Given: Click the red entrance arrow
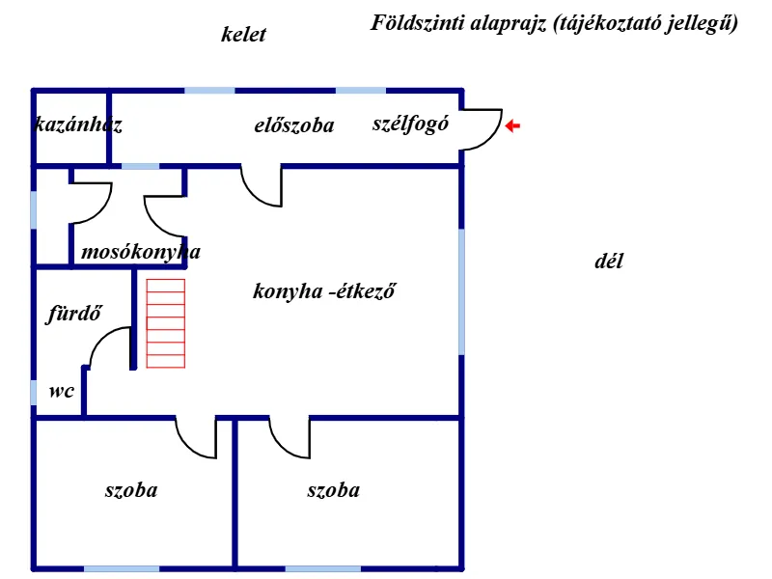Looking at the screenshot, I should (x=513, y=125).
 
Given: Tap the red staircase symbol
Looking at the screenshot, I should (x=165, y=323).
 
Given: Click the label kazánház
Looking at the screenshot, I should (x=78, y=124).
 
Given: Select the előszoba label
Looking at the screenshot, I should (x=294, y=125).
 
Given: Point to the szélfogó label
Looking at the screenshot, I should (x=410, y=124).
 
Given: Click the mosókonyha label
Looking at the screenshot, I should (x=141, y=253).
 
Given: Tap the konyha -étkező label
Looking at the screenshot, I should (x=326, y=290).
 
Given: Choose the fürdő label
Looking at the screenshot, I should (x=74, y=313).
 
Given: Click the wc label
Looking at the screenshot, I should (x=62, y=391).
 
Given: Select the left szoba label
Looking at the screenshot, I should (x=131, y=490).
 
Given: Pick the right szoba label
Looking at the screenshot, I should (x=334, y=490).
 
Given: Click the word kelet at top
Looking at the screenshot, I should (x=243, y=36).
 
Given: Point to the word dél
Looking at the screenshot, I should (x=609, y=262).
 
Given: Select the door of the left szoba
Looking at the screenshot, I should (x=197, y=438).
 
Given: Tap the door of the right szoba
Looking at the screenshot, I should (x=289, y=438).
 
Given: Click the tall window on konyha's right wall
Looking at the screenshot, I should (x=462, y=290).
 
